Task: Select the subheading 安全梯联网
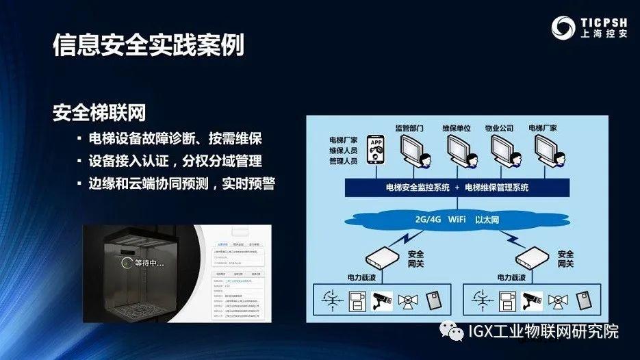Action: pyautogui.click(x=99, y=112)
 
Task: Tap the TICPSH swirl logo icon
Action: pyautogui.click(x=565, y=28)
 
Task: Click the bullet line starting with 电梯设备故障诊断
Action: pyautogui.click(x=175, y=138)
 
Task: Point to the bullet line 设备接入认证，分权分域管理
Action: pyautogui.click(x=175, y=161)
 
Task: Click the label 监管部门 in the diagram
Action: pyautogui.click(x=409, y=128)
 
